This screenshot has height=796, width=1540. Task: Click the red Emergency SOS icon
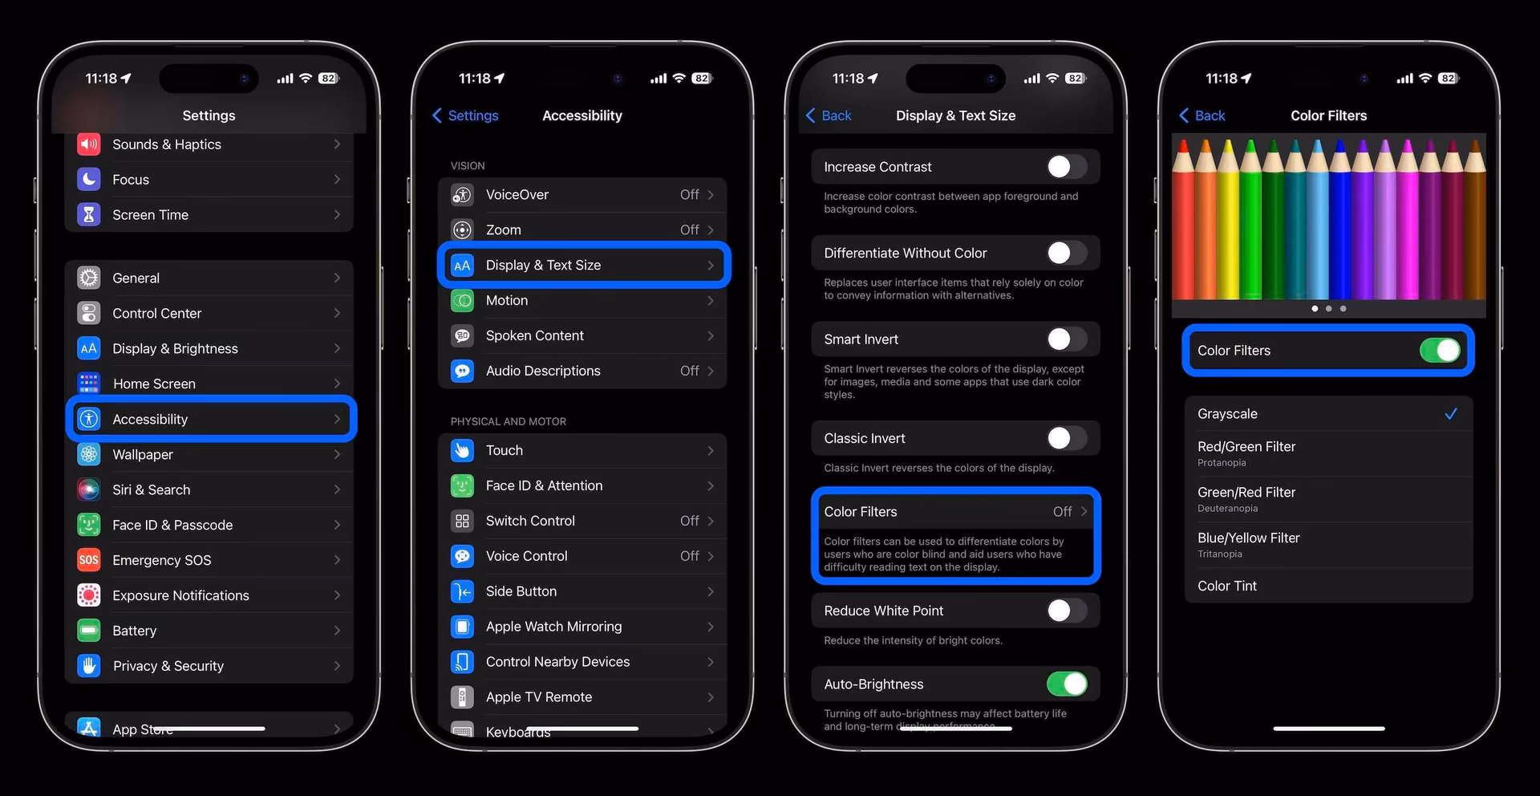tap(89, 560)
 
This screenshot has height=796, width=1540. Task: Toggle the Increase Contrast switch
tap(1066, 167)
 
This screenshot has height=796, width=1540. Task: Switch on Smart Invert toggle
tap(1066, 339)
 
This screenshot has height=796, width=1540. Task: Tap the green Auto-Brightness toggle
tap(1066, 684)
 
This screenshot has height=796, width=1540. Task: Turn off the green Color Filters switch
tap(1440, 351)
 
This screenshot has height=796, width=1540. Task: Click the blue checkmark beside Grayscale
tap(1450, 414)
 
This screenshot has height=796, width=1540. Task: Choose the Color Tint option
tap(1227, 586)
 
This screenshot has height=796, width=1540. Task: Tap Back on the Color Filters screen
tap(1202, 116)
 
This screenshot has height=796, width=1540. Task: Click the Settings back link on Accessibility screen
tap(465, 116)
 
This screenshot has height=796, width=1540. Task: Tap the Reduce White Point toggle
tap(1066, 611)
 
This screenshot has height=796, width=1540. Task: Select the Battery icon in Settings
tap(89, 631)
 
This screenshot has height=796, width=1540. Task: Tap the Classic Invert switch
tap(1066, 438)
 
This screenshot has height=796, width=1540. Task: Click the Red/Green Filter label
tap(1246, 447)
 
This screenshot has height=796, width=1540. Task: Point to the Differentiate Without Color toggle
tap(1066, 253)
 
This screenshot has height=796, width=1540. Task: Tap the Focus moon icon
tap(89, 180)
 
